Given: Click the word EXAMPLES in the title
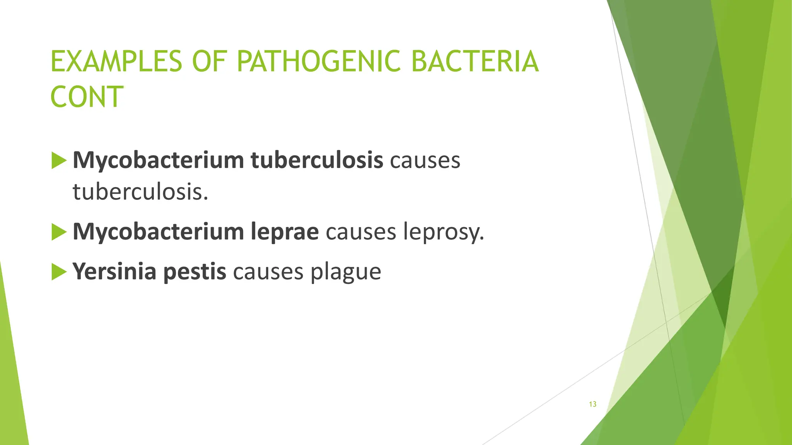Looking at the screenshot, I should [x=116, y=62].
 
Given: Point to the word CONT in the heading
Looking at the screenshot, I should [x=87, y=97].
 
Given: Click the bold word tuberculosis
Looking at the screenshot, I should [x=317, y=160].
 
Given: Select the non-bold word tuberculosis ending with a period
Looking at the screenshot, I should [x=140, y=192].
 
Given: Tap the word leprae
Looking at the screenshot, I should [x=285, y=232].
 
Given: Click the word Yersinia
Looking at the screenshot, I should [x=114, y=271].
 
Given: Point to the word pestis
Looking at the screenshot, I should [x=195, y=272].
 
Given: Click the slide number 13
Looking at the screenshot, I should [x=592, y=404].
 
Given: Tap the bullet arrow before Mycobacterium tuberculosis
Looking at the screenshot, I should [x=59, y=161].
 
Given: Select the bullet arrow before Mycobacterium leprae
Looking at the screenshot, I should [x=59, y=232].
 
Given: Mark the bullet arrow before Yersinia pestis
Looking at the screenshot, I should [x=59, y=272].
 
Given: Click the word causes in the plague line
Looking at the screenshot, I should [x=268, y=272].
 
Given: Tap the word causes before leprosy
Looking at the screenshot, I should [x=361, y=232].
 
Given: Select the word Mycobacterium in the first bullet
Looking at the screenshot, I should [x=158, y=160].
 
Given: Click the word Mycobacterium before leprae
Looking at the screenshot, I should [x=158, y=232].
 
